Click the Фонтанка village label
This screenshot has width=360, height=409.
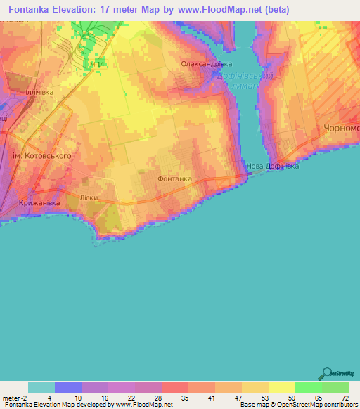tap(175, 179)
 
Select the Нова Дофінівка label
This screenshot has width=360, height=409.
tap(273, 167)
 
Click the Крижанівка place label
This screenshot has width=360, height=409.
tap(40, 203)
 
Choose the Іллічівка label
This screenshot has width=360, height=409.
tap(39, 92)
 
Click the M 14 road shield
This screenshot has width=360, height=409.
tap(97, 63)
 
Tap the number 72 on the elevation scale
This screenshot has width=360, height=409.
tap(345, 398)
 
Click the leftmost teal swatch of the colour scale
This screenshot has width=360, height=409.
tap(41, 387)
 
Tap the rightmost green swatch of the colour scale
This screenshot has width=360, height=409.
tap(335, 387)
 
